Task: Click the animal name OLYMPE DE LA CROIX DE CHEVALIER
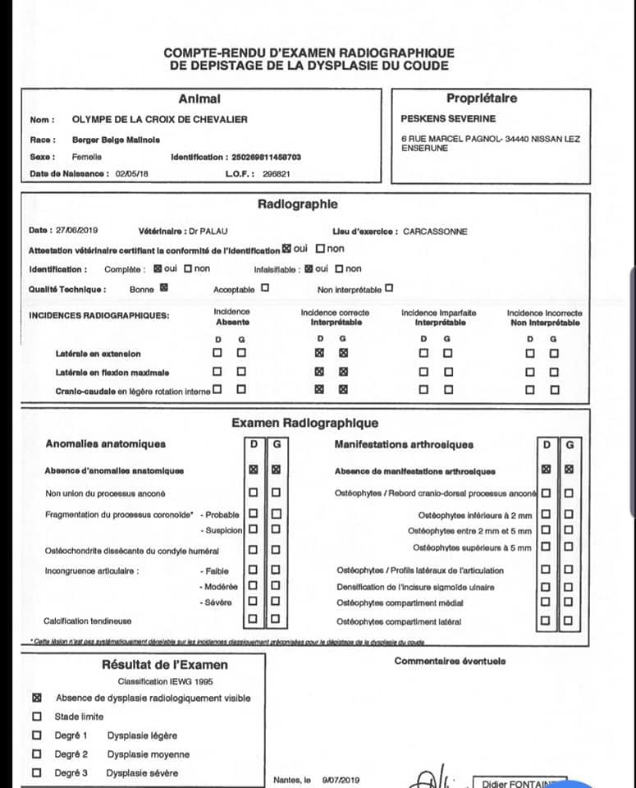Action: point(160,119)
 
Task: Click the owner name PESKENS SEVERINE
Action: point(448,118)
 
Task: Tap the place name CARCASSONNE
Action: point(435,231)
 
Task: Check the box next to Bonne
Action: point(163,288)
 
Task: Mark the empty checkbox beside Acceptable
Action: point(264,288)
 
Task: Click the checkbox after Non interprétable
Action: point(389,288)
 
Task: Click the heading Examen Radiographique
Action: point(304,423)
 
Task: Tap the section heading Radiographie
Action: point(297,204)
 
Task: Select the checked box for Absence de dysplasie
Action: point(36,698)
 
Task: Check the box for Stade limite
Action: point(36,716)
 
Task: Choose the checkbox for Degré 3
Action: point(36,772)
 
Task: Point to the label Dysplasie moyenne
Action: point(148,754)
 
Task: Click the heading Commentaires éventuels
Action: point(450,661)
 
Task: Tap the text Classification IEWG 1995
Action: point(164,681)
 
